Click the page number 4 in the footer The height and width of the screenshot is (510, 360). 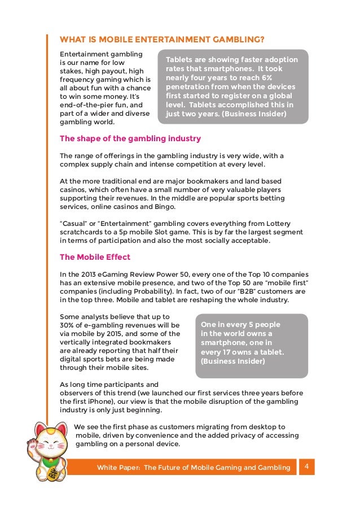[306, 466]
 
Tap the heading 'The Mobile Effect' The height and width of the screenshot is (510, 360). [95, 257]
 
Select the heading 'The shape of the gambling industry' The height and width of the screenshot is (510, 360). [130, 138]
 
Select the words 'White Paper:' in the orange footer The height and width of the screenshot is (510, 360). [117, 468]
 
